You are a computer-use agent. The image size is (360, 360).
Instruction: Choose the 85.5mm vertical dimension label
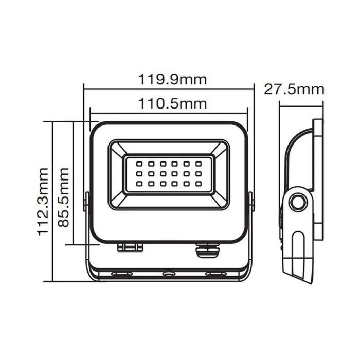click(x=64, y=196)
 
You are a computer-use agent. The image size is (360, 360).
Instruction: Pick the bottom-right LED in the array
click(x=199, y=183)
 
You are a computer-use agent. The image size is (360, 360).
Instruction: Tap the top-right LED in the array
click(x=199, y=164)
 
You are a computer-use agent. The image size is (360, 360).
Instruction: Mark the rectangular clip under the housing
click(x=130, y=247)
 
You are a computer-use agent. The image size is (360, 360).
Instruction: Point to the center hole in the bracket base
click(x=169, y=274)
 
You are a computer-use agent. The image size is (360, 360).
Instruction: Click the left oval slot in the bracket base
click(x=121, y=274)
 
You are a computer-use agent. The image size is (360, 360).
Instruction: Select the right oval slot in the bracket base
click(x=215, y=274)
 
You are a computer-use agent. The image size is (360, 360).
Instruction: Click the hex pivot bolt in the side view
click(x=296, y=203)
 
